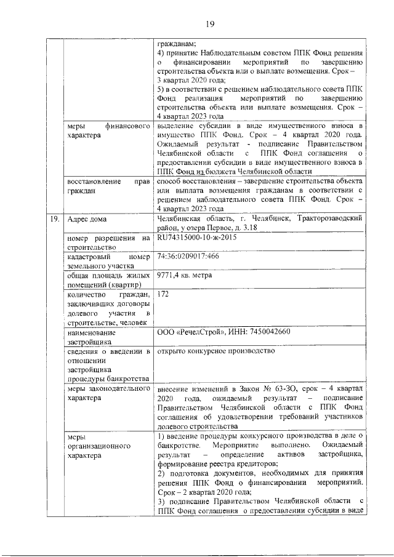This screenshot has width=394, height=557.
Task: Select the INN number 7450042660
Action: point(258,332)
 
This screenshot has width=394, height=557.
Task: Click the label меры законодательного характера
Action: point(108,394)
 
